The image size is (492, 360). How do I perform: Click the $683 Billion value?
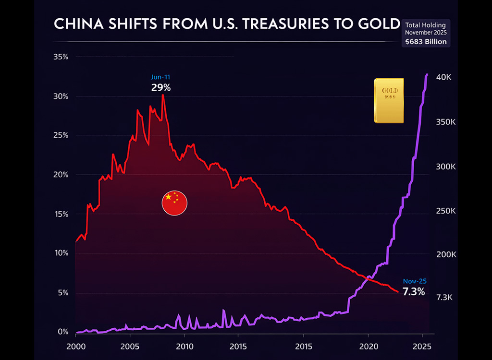[x=426, y=42]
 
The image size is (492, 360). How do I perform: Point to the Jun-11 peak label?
[x=160, y=77]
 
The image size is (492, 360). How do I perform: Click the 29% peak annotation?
[x=160, y=88]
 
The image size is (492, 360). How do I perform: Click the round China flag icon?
[x=174, y=203]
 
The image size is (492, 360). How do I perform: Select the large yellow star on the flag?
[x=168, y=197]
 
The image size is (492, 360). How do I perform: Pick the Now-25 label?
[x=414, y=281]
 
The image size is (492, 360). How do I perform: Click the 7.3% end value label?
[x=413, y=292]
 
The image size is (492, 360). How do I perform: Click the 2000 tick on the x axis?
[x=76, y=347]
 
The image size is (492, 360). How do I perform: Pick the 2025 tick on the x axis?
[x=421, y=347]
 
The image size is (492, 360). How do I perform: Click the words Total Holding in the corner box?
[x=426, y=24]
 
